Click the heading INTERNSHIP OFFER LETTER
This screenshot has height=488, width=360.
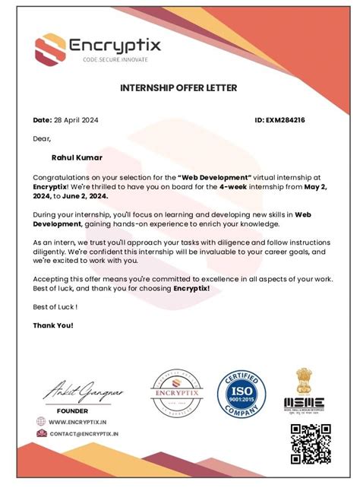178,88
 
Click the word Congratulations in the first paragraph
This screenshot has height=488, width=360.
62,176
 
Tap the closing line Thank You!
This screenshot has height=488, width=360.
53,325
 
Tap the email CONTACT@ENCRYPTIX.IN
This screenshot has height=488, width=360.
84,433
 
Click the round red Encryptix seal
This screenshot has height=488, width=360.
176,394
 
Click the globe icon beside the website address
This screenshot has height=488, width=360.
40,421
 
